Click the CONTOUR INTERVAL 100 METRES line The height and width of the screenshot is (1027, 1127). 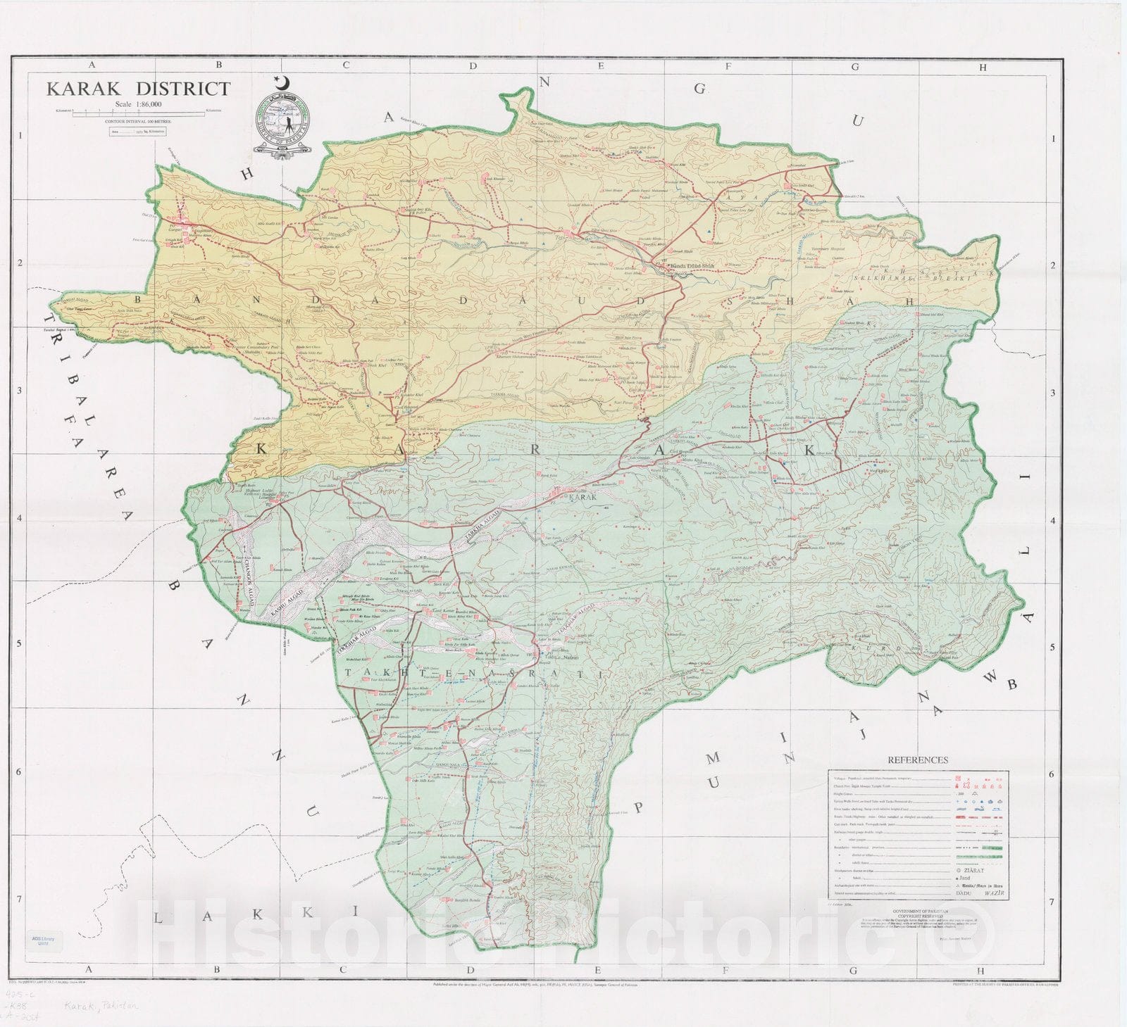pyautogui.click(x=139, y=121)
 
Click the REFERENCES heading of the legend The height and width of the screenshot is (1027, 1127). pyautogui.click(x=917, y=760)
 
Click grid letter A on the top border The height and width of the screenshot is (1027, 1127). pyautogui.click(x=91, y=65)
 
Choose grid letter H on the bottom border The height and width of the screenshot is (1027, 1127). pyautogui.click(x=982, y=969)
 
